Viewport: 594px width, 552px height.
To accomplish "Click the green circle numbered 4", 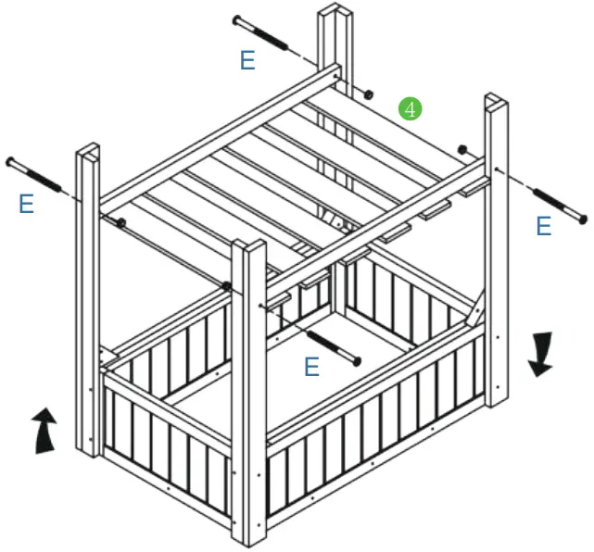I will pos(411,108).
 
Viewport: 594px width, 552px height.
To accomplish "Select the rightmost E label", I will pos(544,226).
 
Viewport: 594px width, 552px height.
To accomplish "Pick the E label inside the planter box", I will pos(312,368).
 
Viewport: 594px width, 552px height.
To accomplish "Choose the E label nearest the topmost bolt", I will pos(247,61).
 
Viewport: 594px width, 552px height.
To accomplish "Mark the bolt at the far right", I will pos(557,206).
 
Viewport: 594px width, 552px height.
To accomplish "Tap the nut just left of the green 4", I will pos(368,94).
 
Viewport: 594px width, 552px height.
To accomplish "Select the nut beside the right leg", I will pos(461,149).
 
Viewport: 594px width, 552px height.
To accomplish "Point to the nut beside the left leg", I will pos(120,222).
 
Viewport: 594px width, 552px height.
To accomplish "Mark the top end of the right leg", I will pos(495,99).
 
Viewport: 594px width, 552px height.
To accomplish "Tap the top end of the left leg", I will pos(89,150).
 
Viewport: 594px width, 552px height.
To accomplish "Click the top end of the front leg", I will pos(249,246).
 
